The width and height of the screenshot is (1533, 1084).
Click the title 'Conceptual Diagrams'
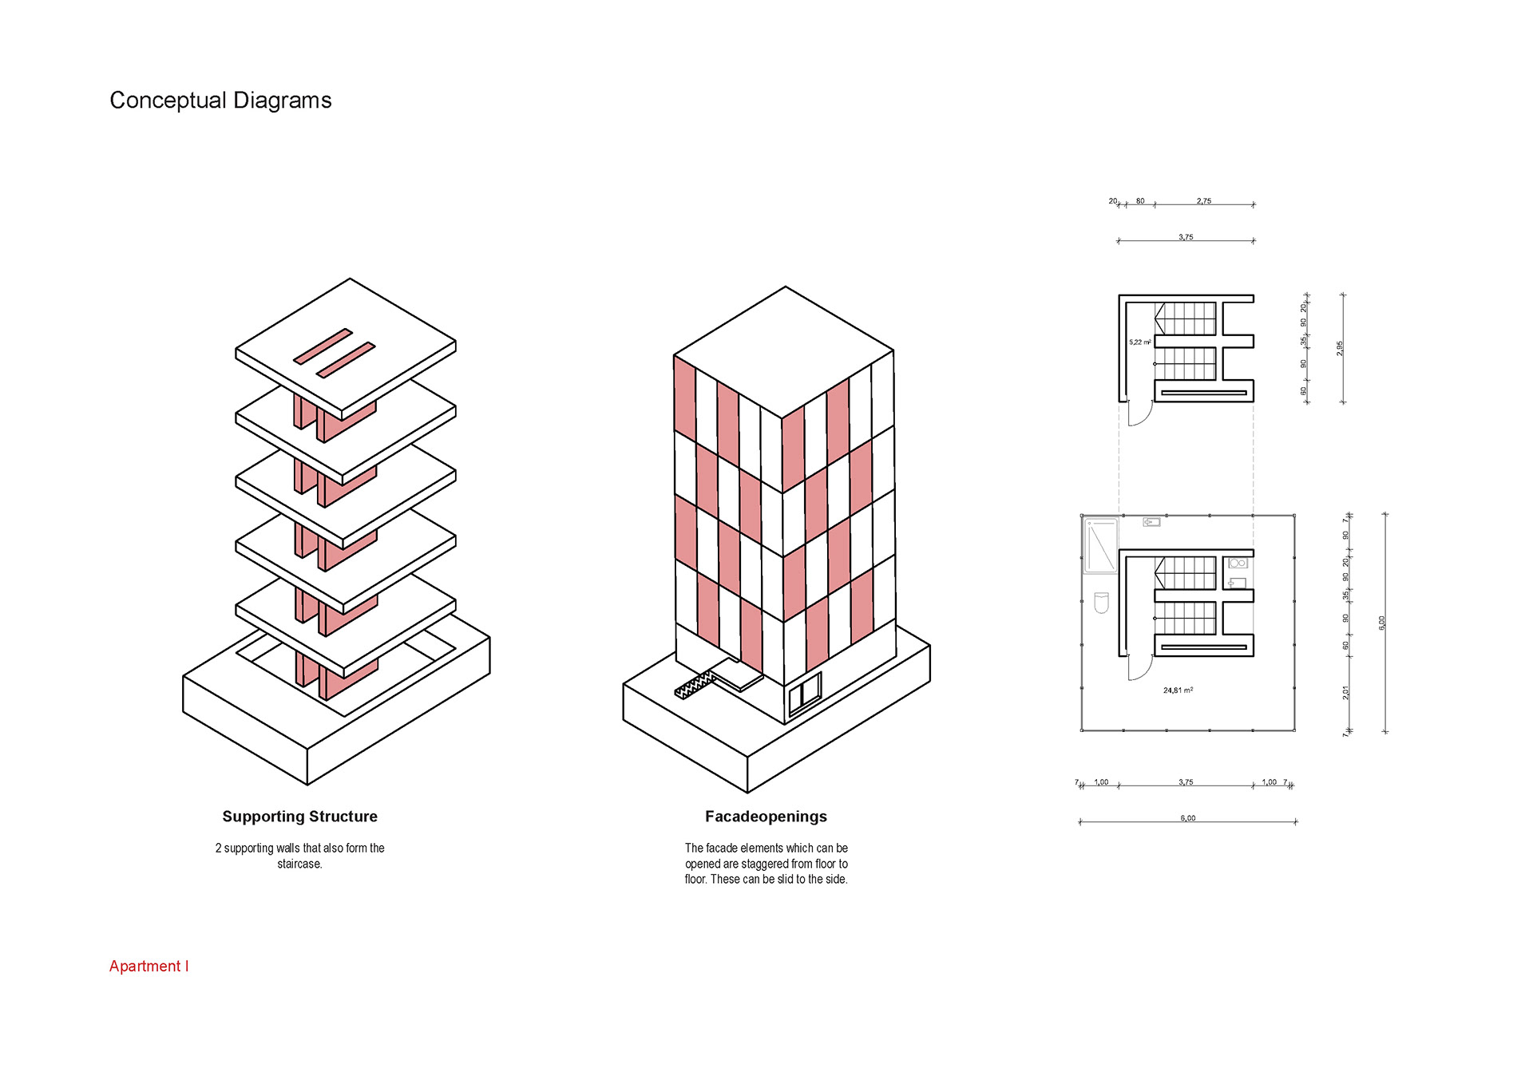220,101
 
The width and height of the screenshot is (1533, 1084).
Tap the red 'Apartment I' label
149,966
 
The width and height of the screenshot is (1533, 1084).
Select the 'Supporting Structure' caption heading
299,817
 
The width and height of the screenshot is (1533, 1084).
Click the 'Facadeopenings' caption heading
766,817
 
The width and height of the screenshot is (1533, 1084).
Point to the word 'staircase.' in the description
299,864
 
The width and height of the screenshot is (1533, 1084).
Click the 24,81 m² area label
1178,690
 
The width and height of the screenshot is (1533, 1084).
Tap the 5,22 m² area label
1139,342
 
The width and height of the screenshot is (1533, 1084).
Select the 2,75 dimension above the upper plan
1203,201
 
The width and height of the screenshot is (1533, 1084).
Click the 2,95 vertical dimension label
1340,348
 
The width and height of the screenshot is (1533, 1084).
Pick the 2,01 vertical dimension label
1345,692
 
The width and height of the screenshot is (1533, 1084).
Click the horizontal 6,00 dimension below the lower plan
1187,818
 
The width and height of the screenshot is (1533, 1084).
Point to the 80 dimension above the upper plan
1140,201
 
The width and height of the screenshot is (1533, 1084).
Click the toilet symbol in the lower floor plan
1101,603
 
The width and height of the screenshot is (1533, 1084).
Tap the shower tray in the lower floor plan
1100,546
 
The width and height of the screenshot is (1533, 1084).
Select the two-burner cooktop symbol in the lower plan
1237,564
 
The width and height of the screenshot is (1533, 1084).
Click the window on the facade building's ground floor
805,693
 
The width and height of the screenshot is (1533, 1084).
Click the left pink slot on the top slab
323,346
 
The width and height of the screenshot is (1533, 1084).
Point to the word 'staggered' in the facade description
765,864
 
